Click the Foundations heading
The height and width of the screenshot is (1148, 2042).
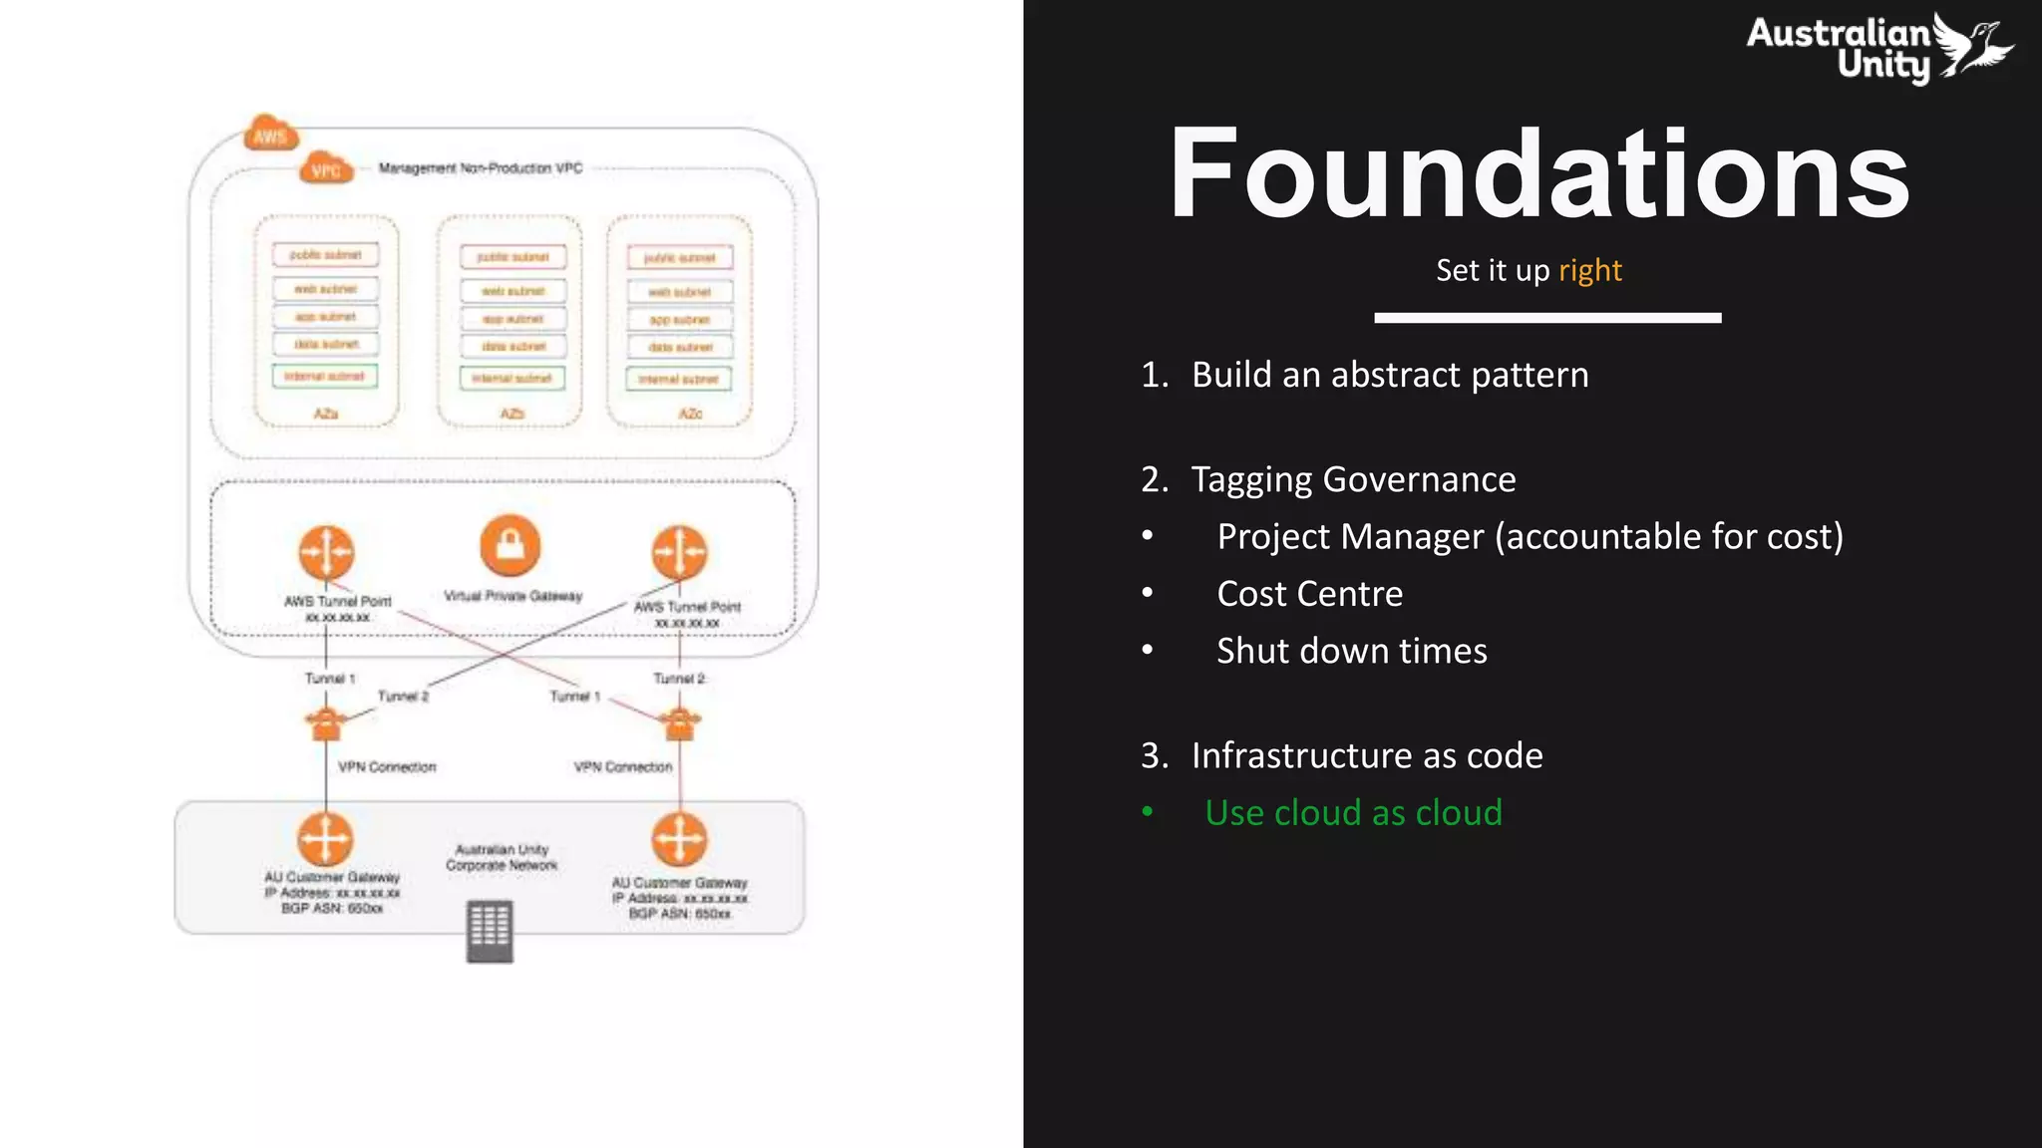tap(1538, 174)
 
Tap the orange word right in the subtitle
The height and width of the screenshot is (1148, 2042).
tap(1589, 270)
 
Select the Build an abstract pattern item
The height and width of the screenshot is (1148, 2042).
tap(1389, 375)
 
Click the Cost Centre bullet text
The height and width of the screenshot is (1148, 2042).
tap(1309, 594)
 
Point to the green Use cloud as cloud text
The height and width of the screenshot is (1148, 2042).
tap(1353, 813)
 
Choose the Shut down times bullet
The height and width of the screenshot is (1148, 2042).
tap(1351, 651)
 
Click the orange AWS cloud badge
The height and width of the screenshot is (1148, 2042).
tap(270, 135)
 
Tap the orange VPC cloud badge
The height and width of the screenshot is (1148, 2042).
tap(326, 169)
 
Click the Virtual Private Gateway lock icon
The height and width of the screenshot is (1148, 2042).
tap(510, 545)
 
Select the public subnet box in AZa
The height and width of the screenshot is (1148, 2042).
tap(325, 255)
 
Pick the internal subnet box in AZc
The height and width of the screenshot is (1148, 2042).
tap(678, 380)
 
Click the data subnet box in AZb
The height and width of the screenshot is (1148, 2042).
tap(512, 347)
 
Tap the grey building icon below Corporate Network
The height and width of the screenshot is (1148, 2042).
tap(490, 931)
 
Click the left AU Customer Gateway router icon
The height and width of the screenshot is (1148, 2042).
tap(325, 838)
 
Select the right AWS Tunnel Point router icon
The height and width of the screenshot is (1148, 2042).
tap(679, 552)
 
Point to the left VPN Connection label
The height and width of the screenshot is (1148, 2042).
tap(387, 767)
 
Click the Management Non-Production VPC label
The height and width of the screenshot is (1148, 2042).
tap(480, 168)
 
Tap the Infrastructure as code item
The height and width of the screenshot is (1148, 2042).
tap(1366, 755)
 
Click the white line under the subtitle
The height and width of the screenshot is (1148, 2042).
tap(1546, 318)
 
